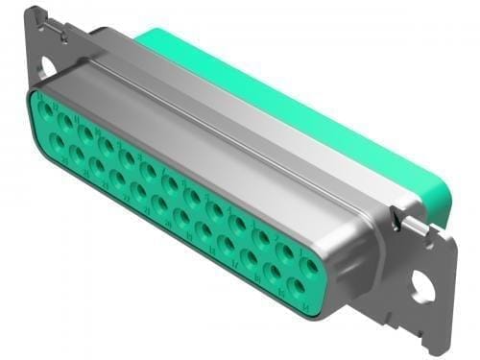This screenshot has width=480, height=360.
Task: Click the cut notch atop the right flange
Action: (x=420, y=228)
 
